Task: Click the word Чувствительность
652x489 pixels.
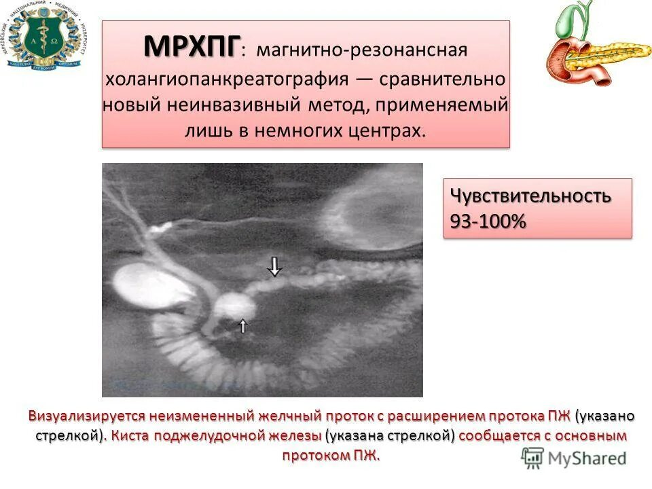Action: pyautogui.click(x=530, y=196)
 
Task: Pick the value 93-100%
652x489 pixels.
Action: pyautogui.click(x=488, y=221)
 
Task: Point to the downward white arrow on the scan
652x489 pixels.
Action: pyautogui.click(x=274, y=266)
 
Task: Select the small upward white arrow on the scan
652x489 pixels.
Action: pyautogui.click(x=243, y=325)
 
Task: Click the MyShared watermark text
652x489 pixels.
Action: pyautogui.click(x=586, y=458)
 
